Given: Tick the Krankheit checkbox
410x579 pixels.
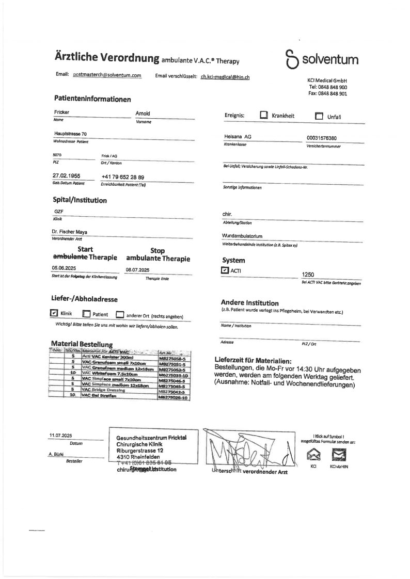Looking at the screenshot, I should [263, 116].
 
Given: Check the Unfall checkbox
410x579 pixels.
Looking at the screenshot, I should [319, 116].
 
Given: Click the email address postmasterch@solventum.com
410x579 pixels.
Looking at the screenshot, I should [107, 75].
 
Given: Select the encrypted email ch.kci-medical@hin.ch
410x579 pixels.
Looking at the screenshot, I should [225, 76].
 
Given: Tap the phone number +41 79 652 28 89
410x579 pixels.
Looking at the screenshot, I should [123, 176].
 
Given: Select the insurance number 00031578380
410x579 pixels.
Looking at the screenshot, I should [324, 138].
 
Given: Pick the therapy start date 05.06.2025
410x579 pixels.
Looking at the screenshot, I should [64, 268].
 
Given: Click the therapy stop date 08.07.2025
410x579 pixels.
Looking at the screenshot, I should [137, 269].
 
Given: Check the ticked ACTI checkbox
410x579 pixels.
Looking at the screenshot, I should [224, 269].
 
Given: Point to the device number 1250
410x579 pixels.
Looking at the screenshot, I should [308, 275].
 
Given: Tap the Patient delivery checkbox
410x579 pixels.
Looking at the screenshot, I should [87, 314].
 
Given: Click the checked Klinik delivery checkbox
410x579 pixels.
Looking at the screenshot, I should [54, 313].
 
